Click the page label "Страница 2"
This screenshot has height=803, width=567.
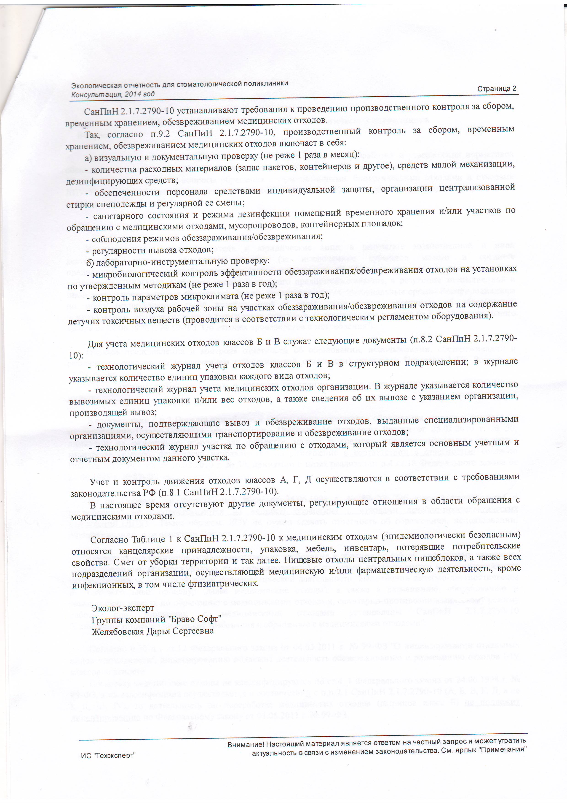click(x=497, y=89)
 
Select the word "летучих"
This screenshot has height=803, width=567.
click(x=83, y=321)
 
